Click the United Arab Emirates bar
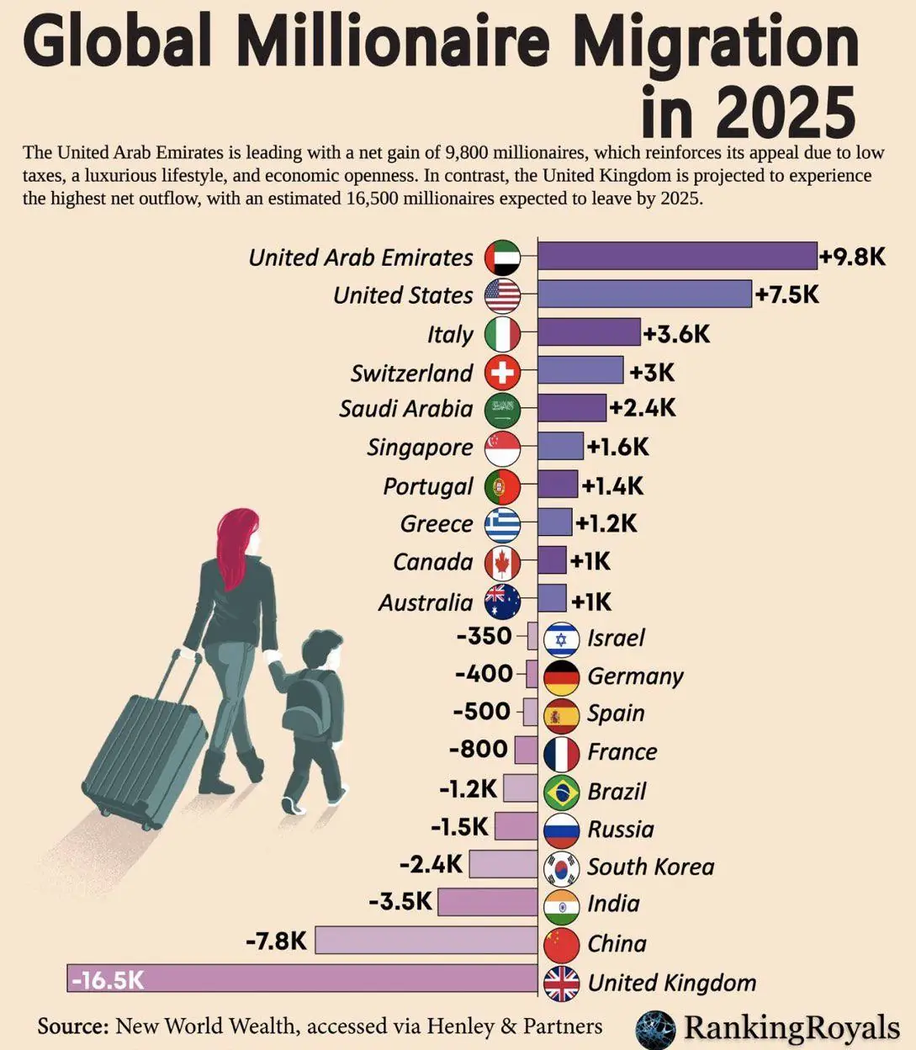click(x=677, y=256)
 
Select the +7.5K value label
click(x=787, y=294)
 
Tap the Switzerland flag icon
click(x=503, y=372)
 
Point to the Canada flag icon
click(x=503, y=561)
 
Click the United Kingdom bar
click(x=302, y=979)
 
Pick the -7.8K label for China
click(x=276, y=940)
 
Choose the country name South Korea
click(x=650, y=867)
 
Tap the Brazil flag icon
click(x=562, y=791)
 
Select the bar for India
click(x=488, y=903)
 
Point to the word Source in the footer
click(x=72, y=1026)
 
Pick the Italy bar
click(x=589, y=332)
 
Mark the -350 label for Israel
click(x=484, y=636)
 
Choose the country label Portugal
click(x=428, y=486)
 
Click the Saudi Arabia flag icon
click(x=503, y=410)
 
